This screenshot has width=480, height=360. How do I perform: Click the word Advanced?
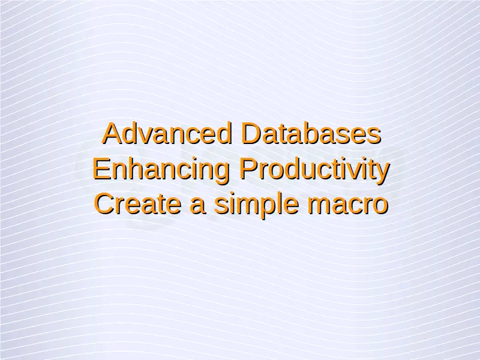coord(167,133)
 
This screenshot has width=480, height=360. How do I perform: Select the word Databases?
coord(311,133)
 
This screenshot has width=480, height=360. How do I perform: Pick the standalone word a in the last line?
coord(197,206)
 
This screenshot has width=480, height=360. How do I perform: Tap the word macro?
coord(348,206)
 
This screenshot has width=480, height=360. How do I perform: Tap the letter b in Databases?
coord(311,133)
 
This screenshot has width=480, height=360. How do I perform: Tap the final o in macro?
coord(380,206)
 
